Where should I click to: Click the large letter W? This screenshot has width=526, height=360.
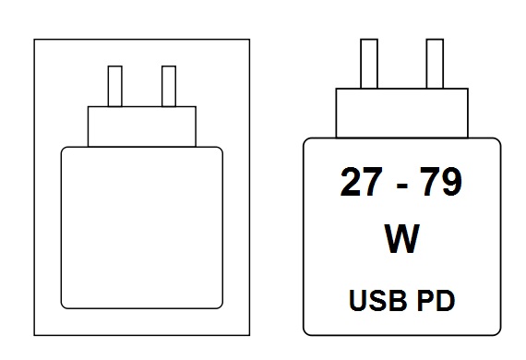pos(401,240)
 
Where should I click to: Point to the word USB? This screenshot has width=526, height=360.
pos(374,300)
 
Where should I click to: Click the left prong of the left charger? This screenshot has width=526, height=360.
pos(115,86)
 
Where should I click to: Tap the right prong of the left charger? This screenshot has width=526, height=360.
pos(168,86)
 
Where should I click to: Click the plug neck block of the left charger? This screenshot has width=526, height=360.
pos(142,126)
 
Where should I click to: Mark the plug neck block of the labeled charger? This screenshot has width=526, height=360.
pos(400,112)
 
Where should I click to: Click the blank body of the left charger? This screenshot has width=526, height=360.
pos(141,227)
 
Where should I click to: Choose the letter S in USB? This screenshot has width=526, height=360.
pos(374,300)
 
